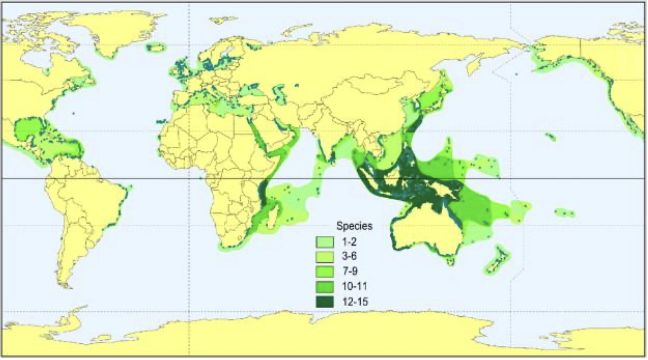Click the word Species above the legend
(x=354, y=226)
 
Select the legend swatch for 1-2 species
(x=325, y=242)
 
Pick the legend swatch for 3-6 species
(x=325, y=256)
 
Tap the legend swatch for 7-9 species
(x=325, y=271)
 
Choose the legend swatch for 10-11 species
(x=325, y=287)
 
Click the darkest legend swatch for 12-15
(x=325, y=302)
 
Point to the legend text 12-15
(x=355, y=302)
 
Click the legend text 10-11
(x=355, y=287)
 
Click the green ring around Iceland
(x=156, y=48)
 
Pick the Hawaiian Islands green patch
(x=551, y=137)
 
